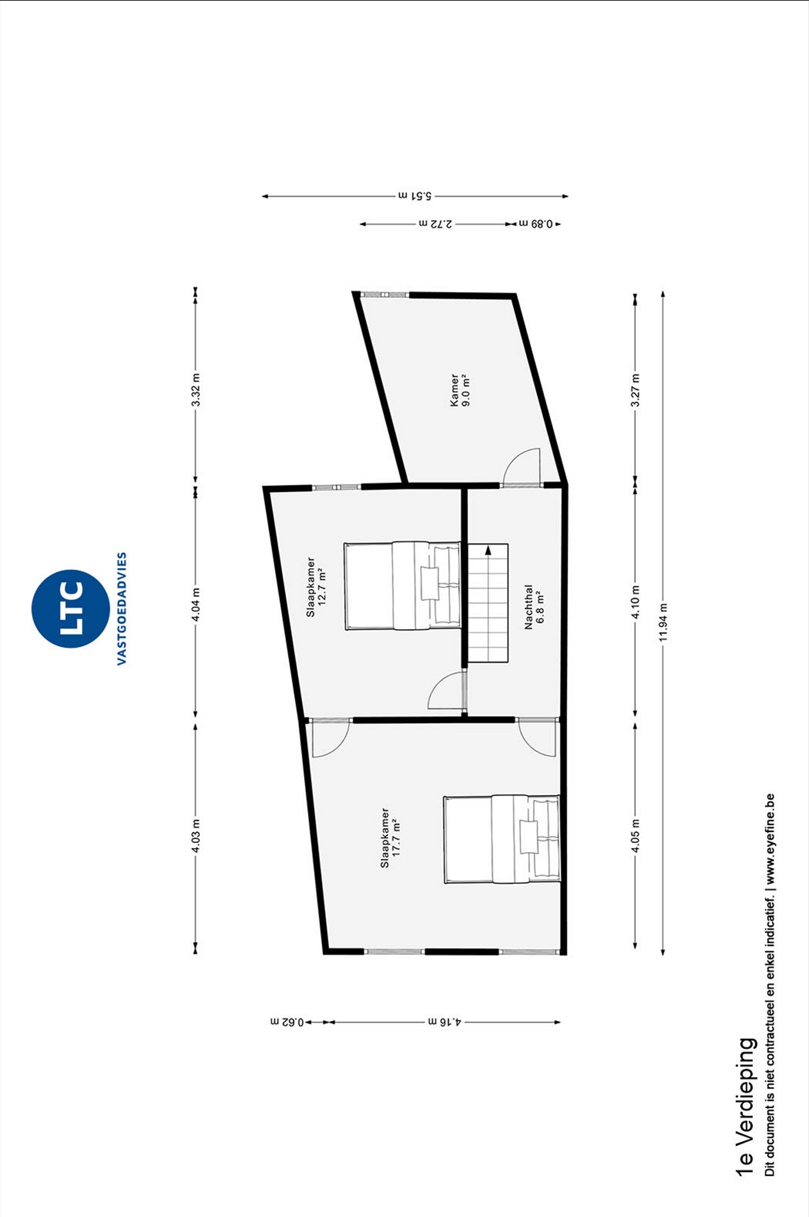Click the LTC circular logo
70,608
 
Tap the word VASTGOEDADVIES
122,608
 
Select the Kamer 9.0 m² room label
459,390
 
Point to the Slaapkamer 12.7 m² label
316,587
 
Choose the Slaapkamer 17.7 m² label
390,838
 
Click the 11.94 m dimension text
663,623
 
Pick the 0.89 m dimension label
536,224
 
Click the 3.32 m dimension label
196,389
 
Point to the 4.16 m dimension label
445,1022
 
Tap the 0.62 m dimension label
287,1022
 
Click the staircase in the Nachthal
488,603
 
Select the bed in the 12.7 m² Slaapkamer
403,585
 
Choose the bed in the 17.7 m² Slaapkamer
502,840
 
